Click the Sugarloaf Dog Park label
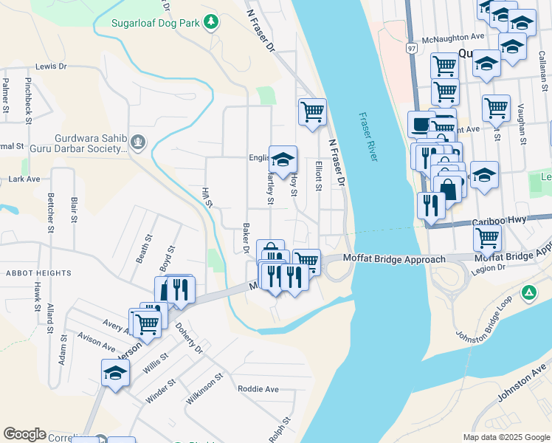(x=156, y=23)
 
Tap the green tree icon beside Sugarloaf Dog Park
(x=211, y=22)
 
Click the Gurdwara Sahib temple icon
(x=137, y=140)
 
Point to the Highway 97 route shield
(x=410, y=48)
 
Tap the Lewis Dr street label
(x=51, y=66)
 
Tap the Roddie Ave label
(x=258, y=389)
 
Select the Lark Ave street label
(x=24, y=179)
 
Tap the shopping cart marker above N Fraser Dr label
(x=312, y=112)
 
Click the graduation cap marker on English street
(x=283, y=159)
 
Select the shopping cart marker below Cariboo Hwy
(x=487, y=238)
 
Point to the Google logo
(x=24, y=434)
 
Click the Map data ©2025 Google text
(x=506, y=437)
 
